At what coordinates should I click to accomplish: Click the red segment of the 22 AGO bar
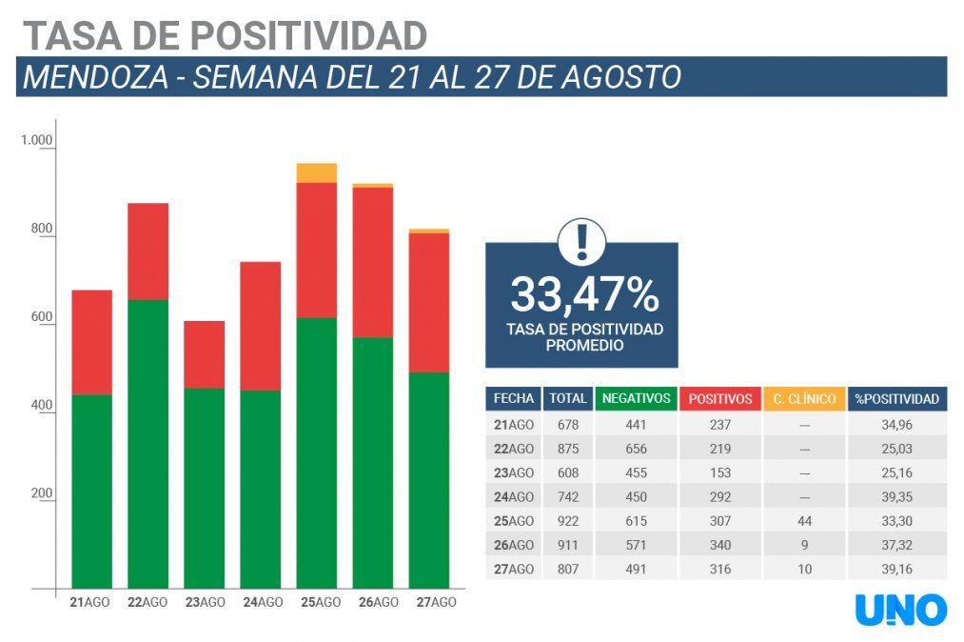tap(148, 251)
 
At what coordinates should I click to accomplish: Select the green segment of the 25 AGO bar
tap(317, 452)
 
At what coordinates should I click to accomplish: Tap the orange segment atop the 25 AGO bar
tap(317, 172)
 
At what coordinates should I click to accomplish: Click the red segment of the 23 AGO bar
tap(204, 354)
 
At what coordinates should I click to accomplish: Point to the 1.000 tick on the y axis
tap(37, 141)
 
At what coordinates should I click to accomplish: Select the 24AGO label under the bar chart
tap(263, 602)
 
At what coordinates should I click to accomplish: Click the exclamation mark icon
tap(581, 243)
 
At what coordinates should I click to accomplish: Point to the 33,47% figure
tap(584, 294)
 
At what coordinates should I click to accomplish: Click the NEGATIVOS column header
tap(637, 399)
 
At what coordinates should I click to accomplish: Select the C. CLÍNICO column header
tap(804, 399)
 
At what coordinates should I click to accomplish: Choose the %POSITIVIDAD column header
tap(897, 399)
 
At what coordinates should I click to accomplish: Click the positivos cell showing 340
tap(720, 545)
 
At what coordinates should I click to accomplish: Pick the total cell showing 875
tap(567, 449)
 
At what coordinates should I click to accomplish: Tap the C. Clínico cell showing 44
tap(804, 521)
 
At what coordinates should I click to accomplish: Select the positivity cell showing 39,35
tap(897, 497)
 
